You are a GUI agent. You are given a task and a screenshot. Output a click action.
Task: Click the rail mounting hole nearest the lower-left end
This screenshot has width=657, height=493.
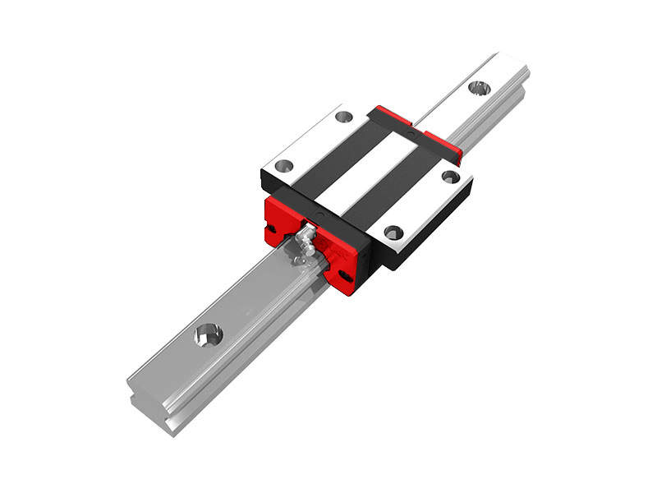coord(208,334)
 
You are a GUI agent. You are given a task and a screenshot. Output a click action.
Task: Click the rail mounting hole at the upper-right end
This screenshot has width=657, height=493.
coord(479,86)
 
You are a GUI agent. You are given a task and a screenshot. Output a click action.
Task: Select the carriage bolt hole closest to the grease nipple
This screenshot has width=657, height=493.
coord(283,166)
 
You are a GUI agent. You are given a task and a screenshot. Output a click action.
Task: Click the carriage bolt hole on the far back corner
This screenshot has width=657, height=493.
coord(343,117)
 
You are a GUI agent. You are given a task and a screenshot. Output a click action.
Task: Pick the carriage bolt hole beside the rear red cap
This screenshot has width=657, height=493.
coord(450,176)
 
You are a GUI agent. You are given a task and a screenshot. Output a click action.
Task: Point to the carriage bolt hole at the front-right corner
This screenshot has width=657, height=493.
coord(393,232)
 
